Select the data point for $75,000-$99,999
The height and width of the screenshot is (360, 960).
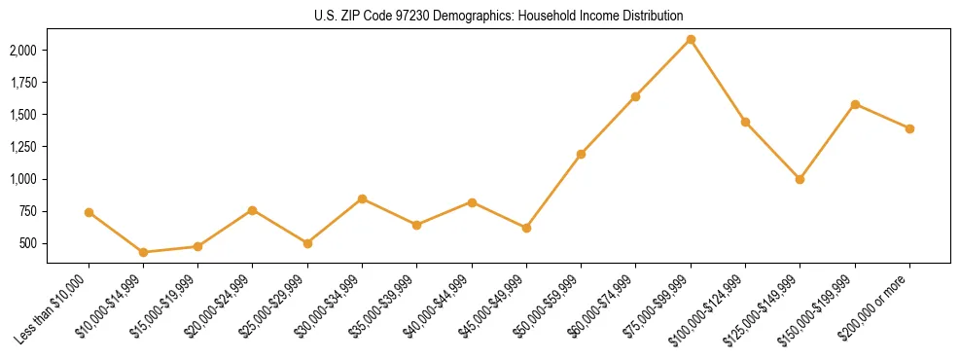pyautogui.click(x=691, y=40)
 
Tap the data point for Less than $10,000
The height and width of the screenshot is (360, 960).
pyautogui.click(x=89, y=212)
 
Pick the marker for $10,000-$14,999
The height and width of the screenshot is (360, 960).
pyautogui.click(x=143, y=252)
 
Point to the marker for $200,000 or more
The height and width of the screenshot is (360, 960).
pyautogui.click(x=909, y=128)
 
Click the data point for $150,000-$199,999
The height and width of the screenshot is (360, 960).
pyautogui.click(x=855, y=104)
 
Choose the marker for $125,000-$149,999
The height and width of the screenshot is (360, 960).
pyautogui.click(x=800, y=179)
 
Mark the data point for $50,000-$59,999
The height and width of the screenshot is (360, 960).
pyautogui.click(x=581, y=154)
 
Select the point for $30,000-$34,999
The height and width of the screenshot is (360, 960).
pyautogui.click(x=362, y=198)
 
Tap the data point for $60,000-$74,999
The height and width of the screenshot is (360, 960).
pyautogui.click(x=635, y=96)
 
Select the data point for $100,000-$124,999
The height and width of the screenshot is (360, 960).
pyautogui.click(x=745, y=122)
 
